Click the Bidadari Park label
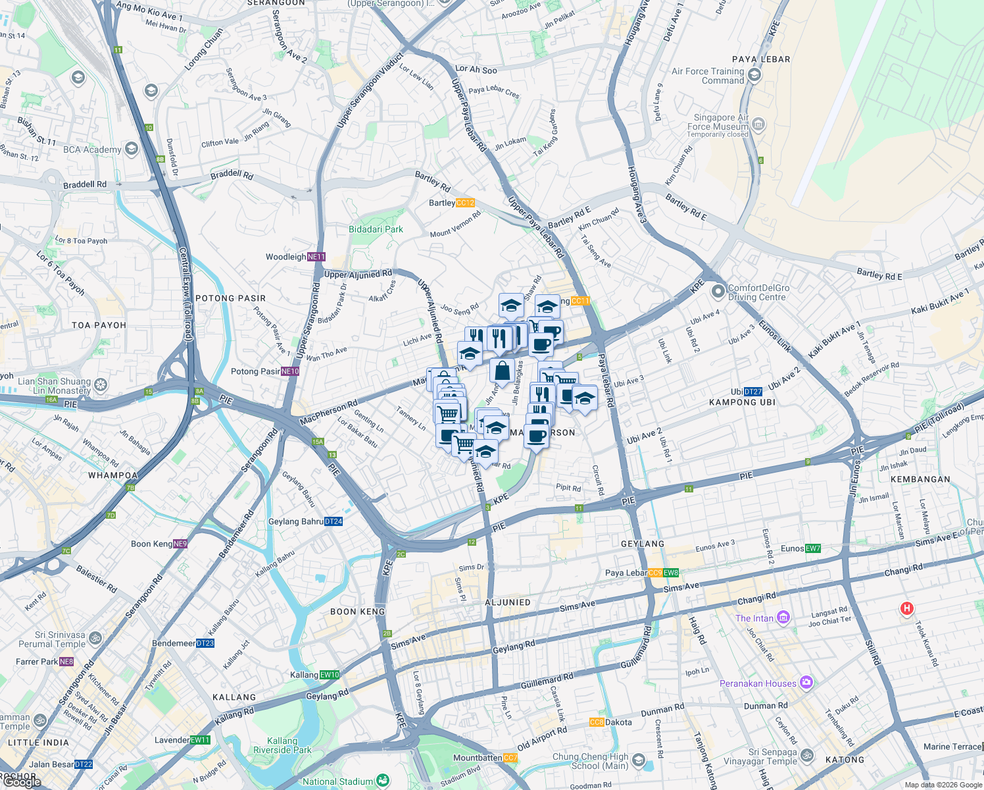(376, 229)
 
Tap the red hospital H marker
(906, 609)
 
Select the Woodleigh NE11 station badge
(316, 257)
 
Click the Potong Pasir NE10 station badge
(290, 371)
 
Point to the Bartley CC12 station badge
(465, 203)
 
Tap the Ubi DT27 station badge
(753, 392)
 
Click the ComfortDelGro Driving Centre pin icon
(718, 290)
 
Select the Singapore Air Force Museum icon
(758, 124)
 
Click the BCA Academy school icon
(131, 149)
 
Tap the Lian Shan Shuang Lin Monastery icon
(101, 384)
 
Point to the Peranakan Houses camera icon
(806, 683)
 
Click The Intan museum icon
(783, 618)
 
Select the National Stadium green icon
(382, 781)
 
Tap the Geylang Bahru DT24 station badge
(333, 521)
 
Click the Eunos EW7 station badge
(813, 548)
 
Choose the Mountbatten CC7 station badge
(510, 758)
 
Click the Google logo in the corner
(21, 782)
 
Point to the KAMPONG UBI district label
(742, 402)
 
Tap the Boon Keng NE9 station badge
(180, 544)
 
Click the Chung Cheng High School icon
(638, 761)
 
